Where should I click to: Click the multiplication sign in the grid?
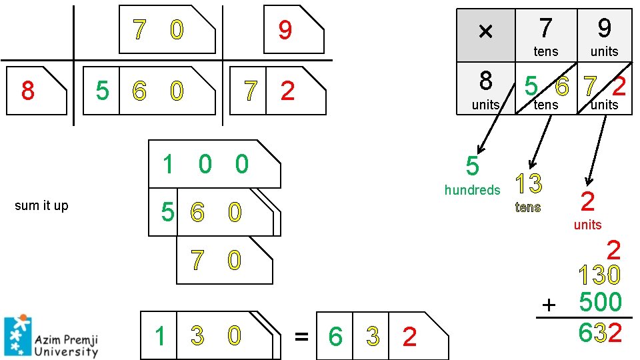(485, 32)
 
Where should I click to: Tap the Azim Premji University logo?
(51, 335)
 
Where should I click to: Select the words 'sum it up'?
(41, 205)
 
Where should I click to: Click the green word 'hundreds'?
(472, 190)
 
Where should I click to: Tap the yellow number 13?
(528, 184)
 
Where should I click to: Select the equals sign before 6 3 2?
(301, 337)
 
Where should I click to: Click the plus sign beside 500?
(549, 305)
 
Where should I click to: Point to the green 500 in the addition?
(600, 302)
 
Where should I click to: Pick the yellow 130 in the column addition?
(599, 275)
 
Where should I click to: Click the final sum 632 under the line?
(600, 332)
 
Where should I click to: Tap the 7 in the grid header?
(545, 29)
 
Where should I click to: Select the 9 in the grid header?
(604, 29)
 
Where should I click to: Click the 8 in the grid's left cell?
(486, 81)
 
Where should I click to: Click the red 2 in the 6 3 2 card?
(409, 337)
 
